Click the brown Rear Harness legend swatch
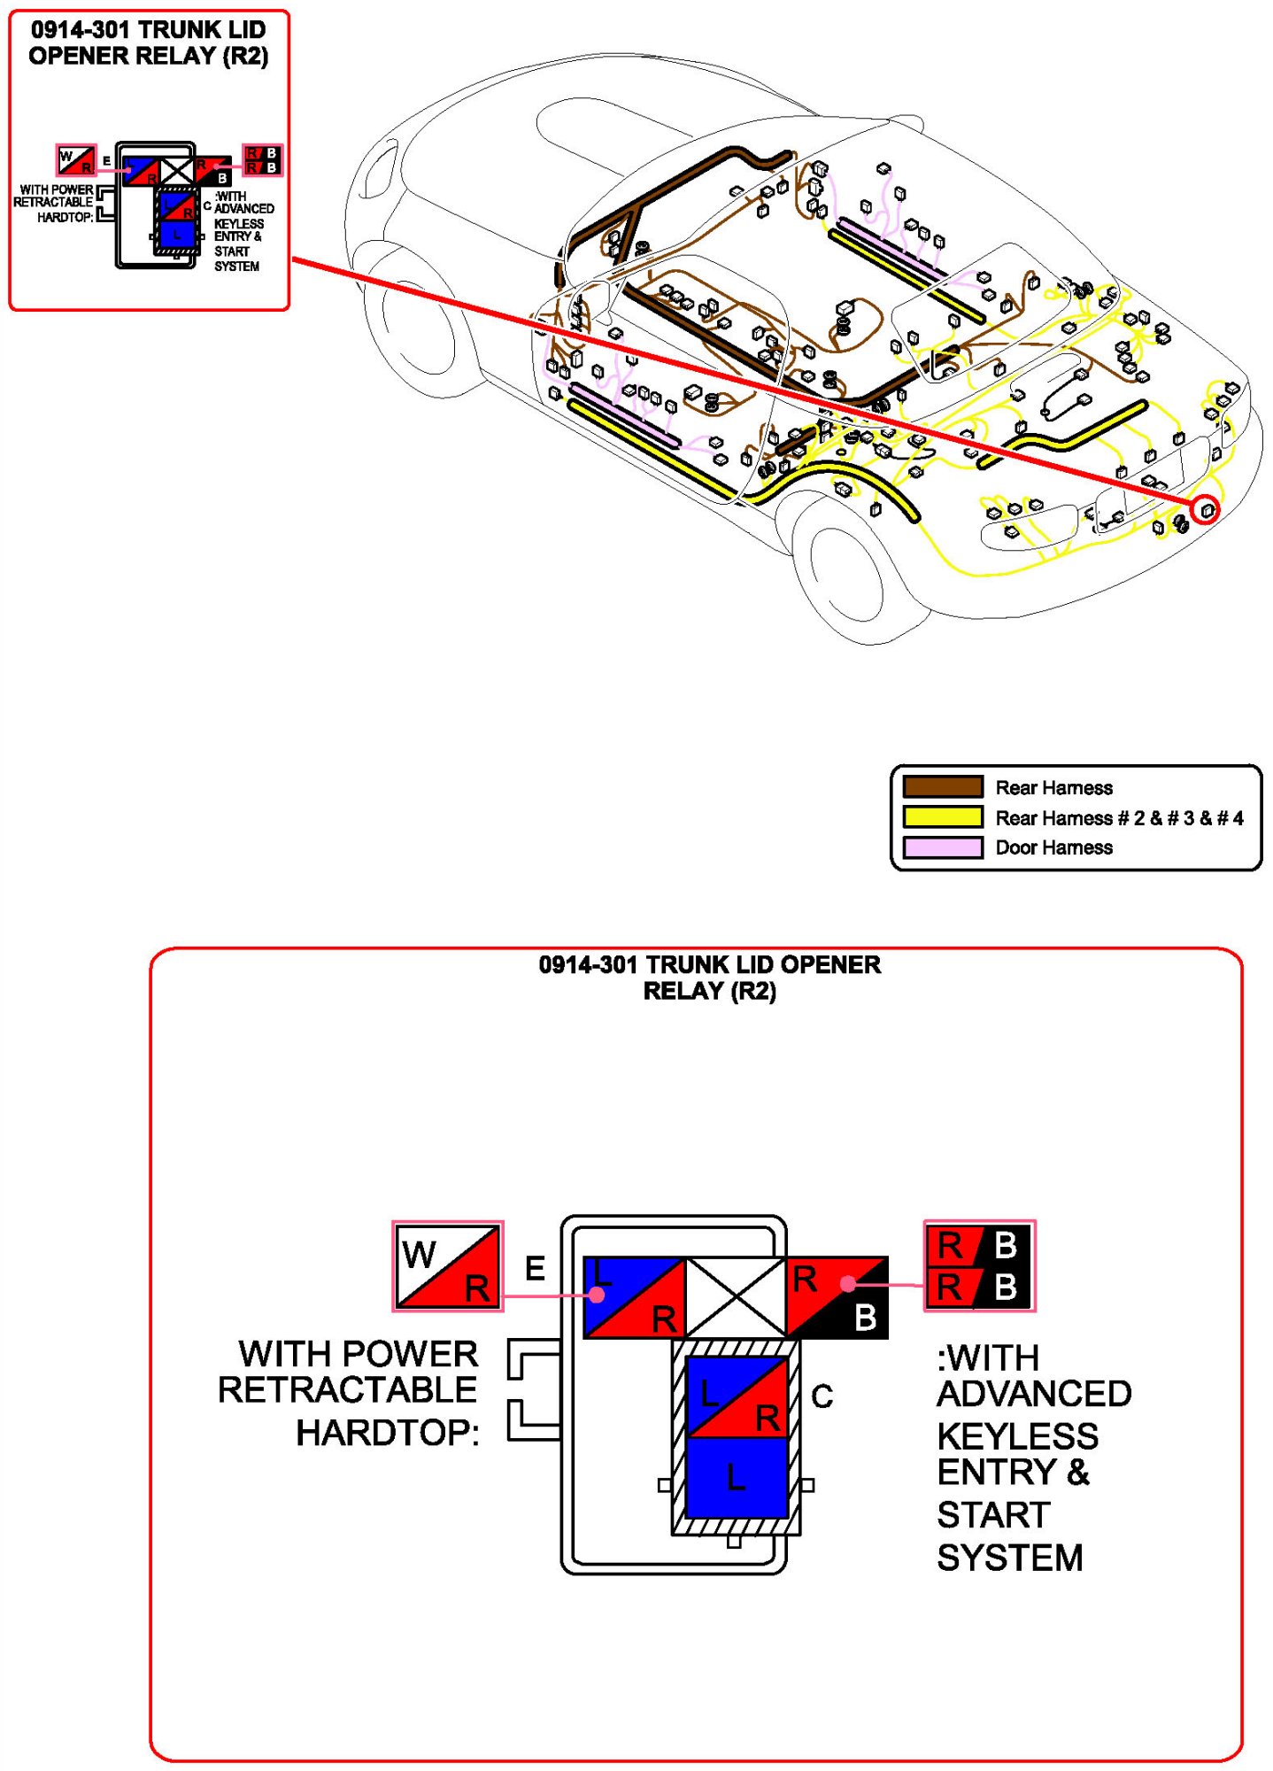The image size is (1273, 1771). (x=942, y=786)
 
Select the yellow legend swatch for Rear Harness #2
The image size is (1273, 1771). (x=942, y=816)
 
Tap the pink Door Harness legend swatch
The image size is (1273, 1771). (x=942, y=847)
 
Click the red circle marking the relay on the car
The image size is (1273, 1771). (x=1205, y=510)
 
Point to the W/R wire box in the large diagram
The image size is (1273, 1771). (x=448, y=1266)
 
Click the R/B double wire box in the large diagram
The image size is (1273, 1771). (x=978, y=1266)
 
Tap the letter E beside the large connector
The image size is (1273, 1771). (x=535, y=1268)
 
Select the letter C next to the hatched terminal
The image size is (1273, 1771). (x=822, y=1396)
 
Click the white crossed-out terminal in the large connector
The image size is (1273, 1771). (x=736, y=1297)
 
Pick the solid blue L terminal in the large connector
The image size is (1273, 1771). (x=737, y=1477)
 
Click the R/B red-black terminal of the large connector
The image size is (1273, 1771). (x=837, y=1297)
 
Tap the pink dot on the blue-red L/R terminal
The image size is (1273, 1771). (x=598, y=1295)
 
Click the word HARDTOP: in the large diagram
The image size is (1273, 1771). (x=387, y=1433)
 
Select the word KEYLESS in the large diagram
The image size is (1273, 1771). (x=1017, y=1435)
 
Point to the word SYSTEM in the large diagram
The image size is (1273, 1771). (x=1009, y=1558)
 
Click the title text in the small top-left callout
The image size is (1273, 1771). (x=148, y=43)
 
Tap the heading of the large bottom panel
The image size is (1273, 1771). (x=709, y=978)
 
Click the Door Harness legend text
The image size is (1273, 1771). (x=1053, y=847)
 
